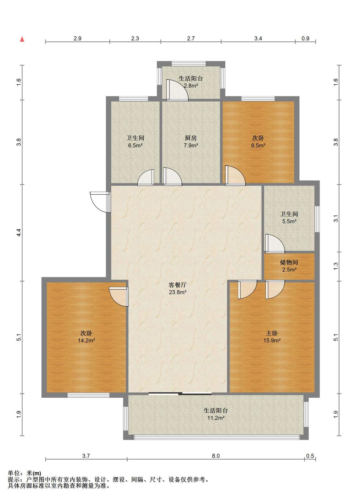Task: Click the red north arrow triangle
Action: tap(22, 39)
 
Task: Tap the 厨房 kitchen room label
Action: tap(191, 138)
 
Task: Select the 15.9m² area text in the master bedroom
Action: tap(272, 340)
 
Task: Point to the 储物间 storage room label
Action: tap(289, 262)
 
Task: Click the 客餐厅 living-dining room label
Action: tap(177, 285)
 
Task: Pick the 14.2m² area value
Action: tap(86, 340)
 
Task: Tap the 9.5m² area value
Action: tap(258, 145)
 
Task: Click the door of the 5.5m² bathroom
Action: tap(275, 243)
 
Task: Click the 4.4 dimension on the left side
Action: tap(19, 233)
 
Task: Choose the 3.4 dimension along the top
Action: tap(258, 38)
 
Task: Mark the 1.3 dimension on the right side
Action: tap(335, 266)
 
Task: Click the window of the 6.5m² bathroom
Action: tap(133, 99)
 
